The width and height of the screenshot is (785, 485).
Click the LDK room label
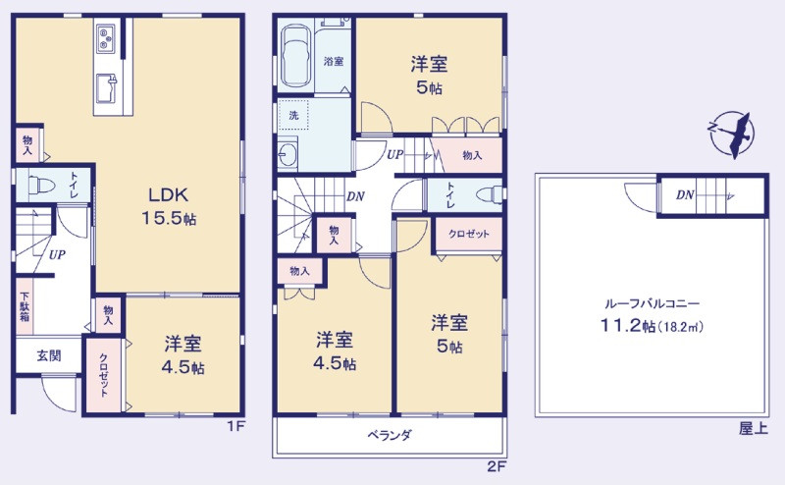click(169, 194)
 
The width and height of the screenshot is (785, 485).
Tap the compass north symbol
click(730, 134)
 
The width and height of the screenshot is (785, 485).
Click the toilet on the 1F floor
click(41, 185)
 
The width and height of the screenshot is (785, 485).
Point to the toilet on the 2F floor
click(489, 194)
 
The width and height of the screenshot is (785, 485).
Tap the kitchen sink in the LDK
click(106, 88)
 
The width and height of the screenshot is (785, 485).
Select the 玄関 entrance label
click(49, 355)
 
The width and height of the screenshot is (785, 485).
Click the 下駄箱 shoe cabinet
click(25, 306)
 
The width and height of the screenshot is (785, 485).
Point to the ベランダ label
click(390, 434)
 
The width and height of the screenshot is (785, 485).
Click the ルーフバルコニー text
click(652, 303)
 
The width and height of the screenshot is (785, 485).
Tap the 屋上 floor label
click(754, 428)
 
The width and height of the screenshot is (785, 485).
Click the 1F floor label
click(236, 427)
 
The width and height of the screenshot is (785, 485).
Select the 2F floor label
click(497, 467)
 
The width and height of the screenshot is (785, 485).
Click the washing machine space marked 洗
click(293, 115)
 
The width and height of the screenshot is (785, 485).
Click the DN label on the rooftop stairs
click(685, 195)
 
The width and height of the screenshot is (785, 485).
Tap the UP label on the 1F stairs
click(57, 254)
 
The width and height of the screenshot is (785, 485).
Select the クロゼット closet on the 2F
click(469, 235)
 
